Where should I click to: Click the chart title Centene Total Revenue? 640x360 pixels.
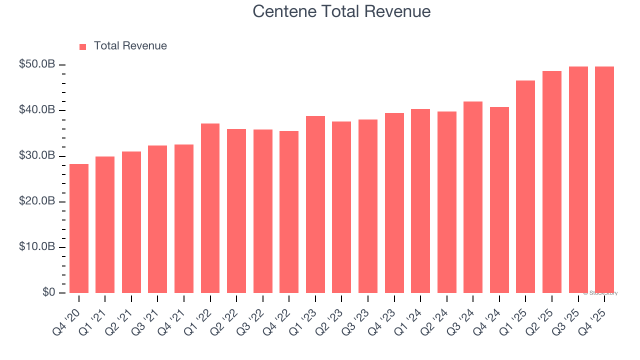341,11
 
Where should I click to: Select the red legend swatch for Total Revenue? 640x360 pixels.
83,46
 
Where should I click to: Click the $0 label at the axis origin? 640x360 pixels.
48,292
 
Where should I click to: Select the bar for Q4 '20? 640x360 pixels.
79,228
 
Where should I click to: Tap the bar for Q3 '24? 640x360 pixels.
473,197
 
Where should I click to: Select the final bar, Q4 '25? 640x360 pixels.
604,179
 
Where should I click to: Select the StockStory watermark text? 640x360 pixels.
600,293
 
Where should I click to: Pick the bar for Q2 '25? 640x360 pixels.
552,182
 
